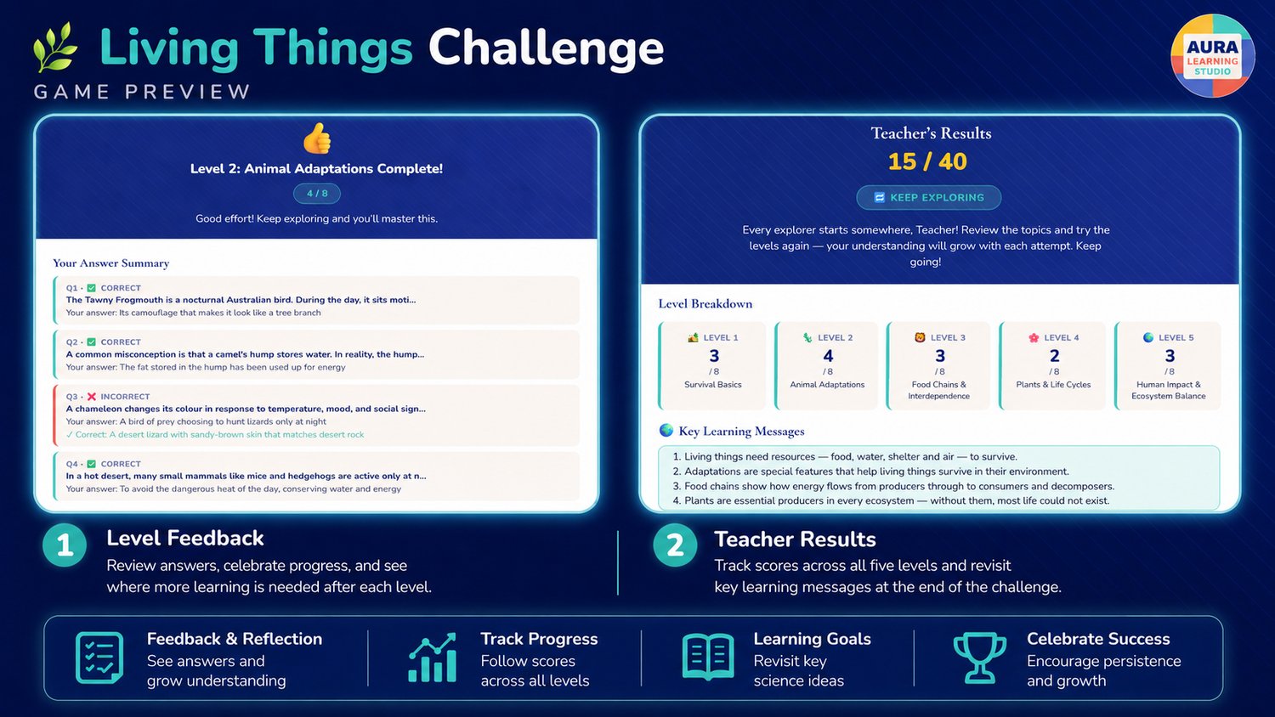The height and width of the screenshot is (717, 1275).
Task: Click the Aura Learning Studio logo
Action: coord(1212,55)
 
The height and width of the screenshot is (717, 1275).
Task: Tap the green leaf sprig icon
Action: coord(54,48)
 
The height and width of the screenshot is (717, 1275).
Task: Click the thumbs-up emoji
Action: coord(317,138)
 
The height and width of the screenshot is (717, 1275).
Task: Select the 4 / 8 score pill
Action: coord(317,194)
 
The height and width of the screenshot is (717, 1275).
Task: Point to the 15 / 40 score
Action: coord(927,161)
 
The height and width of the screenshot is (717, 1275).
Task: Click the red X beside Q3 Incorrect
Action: coord(91,397)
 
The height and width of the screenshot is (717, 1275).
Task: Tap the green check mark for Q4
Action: coord(91,464)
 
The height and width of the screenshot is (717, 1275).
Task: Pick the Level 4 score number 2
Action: coord(1054,356)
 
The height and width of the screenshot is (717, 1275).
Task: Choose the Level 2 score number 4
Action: coord(828,356)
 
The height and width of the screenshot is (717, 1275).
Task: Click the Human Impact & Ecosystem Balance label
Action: coord(1168,391)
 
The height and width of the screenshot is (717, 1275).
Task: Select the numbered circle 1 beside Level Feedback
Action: coord(65,545)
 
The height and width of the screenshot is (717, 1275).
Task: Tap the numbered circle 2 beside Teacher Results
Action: coord(675,545)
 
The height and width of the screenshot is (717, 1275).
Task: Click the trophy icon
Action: coord(979,658)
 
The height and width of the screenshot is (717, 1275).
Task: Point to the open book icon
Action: coord(708,658)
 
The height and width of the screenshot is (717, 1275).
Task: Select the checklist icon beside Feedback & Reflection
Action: coord(99,658)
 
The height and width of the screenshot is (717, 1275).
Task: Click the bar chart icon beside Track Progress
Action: coord(433,658)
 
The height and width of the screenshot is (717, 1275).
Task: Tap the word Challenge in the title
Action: coord(546,48)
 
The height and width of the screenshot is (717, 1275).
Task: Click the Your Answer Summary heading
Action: coord(111,263)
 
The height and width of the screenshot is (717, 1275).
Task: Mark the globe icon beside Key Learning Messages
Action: coord(666,430)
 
